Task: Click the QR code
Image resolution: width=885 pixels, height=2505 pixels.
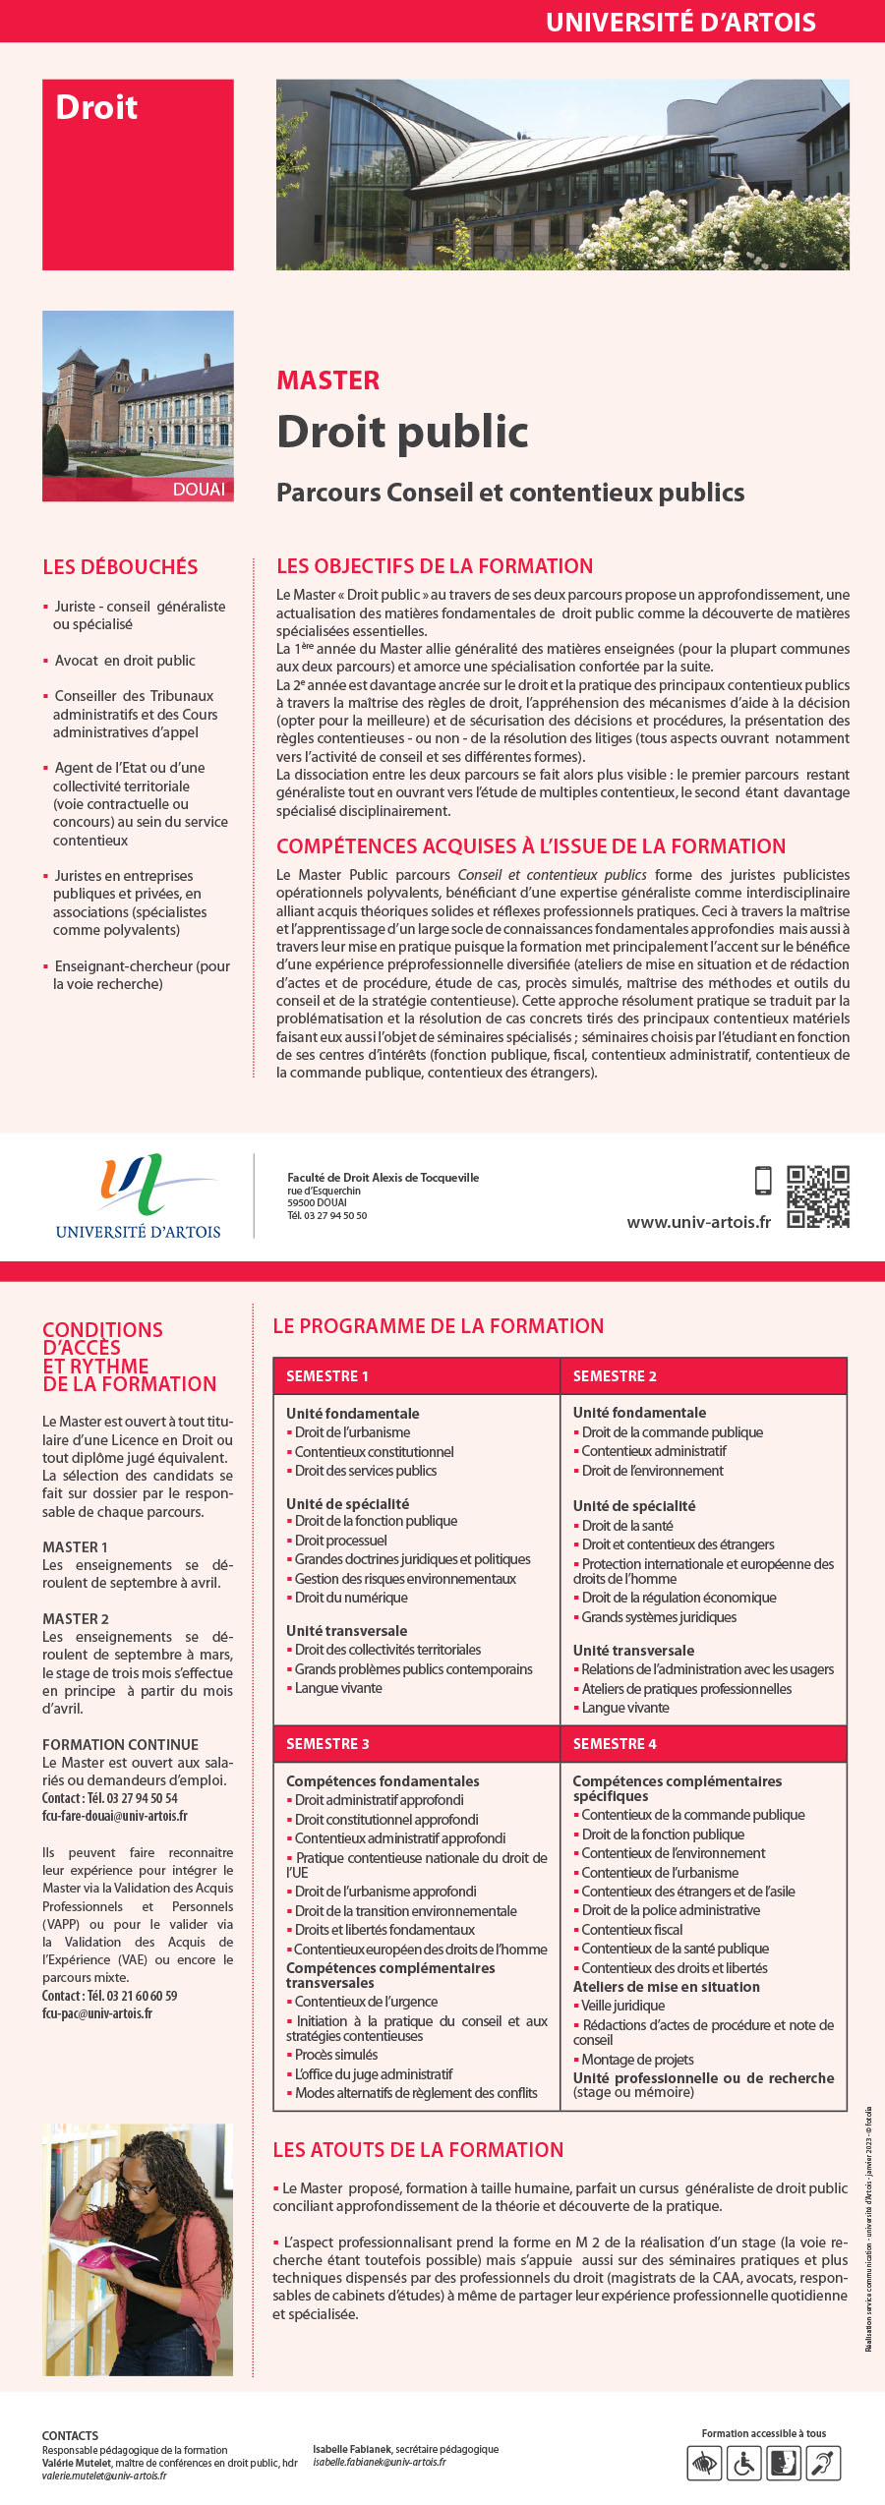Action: [x=817, y=1196]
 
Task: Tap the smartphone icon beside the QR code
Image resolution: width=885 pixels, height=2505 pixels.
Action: [x=763, y=1180]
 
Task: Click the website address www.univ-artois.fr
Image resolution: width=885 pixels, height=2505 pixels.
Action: [x=698, y=1222]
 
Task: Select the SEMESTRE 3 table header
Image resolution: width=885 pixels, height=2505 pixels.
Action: [x=327, y=1743]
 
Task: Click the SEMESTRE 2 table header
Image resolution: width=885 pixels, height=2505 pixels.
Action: [x=615, y=1375]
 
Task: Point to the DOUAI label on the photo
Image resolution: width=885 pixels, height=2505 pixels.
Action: [x=199, y=490]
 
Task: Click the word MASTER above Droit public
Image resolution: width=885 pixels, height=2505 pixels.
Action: [x=328, y=380]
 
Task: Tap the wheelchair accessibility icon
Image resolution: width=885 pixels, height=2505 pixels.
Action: [x=743, y=2463]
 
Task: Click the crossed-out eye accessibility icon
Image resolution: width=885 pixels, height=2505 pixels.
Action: [x=704, y=2463]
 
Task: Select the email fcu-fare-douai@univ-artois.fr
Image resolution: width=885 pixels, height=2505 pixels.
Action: [x=114, y=1816]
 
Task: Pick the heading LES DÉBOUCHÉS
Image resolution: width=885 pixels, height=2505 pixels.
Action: [x=120, y=567]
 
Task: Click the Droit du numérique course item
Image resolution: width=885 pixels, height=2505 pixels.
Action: [x=351, y=1598]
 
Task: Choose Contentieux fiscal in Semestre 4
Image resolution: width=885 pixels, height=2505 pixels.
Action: [x=631, y=1929]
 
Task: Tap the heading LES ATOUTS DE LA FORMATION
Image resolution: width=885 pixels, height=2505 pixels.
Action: [x=418, y=2150]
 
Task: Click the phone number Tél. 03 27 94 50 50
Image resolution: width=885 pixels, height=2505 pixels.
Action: [x=326, y=1216]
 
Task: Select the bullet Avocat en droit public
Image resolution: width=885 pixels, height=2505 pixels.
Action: [x=125, y=661]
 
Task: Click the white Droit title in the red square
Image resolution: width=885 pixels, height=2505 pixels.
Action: [x=96, y=107]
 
